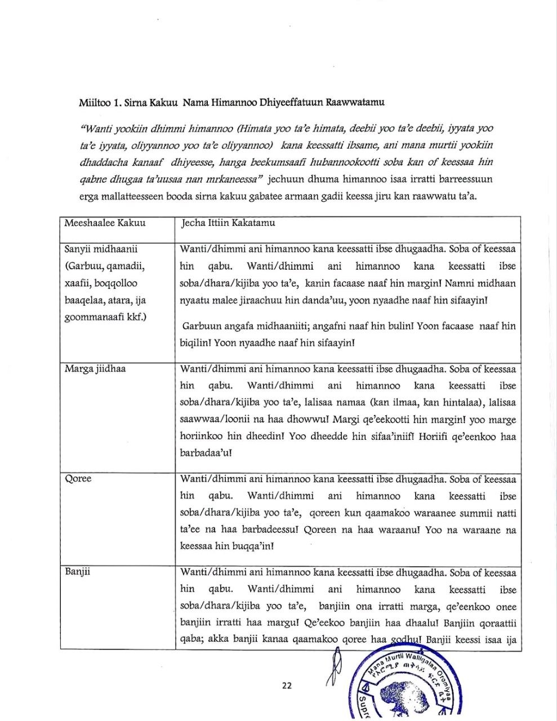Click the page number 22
point(287,686)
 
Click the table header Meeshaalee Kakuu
point(105,222)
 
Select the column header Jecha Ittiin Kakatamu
point(228,222)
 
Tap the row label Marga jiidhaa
point(95,369)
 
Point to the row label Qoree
point(78,479)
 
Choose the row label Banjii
point(78,572)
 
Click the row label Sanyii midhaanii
point(101,249)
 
